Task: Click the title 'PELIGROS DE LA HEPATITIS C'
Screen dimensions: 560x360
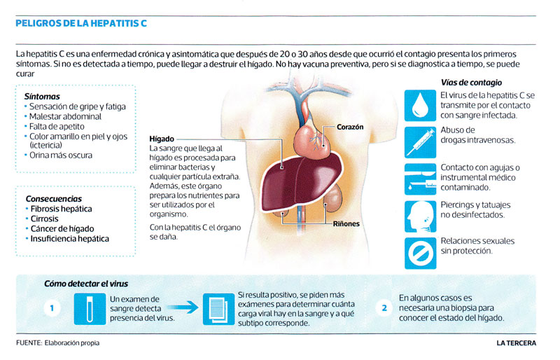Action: pyautogui.click(x=81, y=24)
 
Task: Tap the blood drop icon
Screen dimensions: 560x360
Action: pyautogui.click(x=421, y=106)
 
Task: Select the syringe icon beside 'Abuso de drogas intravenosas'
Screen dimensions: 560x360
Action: pyautogui.click(x=421, y=142)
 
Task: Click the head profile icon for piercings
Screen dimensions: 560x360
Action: pyautogui.click(x=421, y=216)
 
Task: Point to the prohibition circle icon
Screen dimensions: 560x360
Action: pyautogui.click(x=421, y=253)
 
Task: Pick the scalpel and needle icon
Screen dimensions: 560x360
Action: pyautogui.click(x=421, y=179)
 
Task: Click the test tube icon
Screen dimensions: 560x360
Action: pyautogui.click(x=90, y=309)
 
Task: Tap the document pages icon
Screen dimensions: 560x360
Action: pyautogui.click(x=218, y=310)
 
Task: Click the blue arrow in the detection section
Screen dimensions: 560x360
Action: pyautogui.click(x=183, y=307)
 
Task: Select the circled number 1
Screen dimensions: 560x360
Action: pyautogui.click(x=52, y=307)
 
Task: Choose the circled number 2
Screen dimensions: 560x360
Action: pyautogui.click(x=384, y=307)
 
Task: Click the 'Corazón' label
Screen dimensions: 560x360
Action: pyautogui.click(x=350, y=127)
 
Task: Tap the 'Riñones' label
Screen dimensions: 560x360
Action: pyautogui.click(x=346, y=224)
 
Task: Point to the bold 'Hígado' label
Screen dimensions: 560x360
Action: pyautogui.click(x=162, y=139)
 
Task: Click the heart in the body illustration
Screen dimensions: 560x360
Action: pyautogui.click(x=313, y=139)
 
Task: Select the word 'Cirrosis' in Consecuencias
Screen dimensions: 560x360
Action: pyautogui.click(x=44, y=219)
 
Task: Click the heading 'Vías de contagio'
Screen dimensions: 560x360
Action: pyautogui.click(x=471, y=83)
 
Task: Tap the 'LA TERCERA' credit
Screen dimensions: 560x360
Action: pyautogui.click(x=516, y=343)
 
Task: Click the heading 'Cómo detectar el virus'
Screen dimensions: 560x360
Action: pyautogui.click(x=86, y=284)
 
